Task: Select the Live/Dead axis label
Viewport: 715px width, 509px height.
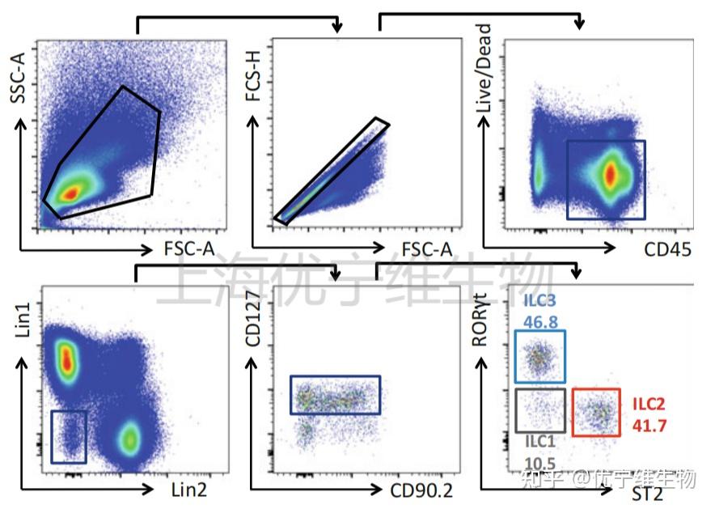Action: pos(483,69)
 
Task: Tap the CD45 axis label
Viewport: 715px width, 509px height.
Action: pos(667,250)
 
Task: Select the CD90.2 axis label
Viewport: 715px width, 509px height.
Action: pos(421,489)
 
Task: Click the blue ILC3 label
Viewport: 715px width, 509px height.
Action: pos(539,302)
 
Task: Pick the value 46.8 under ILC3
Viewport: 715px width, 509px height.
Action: pos(539,320)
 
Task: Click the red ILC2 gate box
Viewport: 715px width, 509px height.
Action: pos(596,412)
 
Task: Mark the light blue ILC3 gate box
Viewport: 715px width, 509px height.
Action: pos(540,356)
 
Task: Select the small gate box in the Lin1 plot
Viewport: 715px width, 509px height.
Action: pos(69,436)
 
